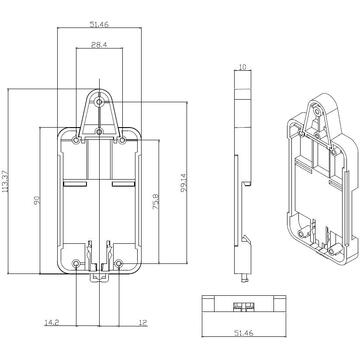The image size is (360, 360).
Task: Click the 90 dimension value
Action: click(37, 200)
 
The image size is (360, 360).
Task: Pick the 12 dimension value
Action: click(144, 323)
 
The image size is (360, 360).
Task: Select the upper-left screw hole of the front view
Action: click(81, 139)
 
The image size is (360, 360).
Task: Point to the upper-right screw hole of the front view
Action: click(120, 139)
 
